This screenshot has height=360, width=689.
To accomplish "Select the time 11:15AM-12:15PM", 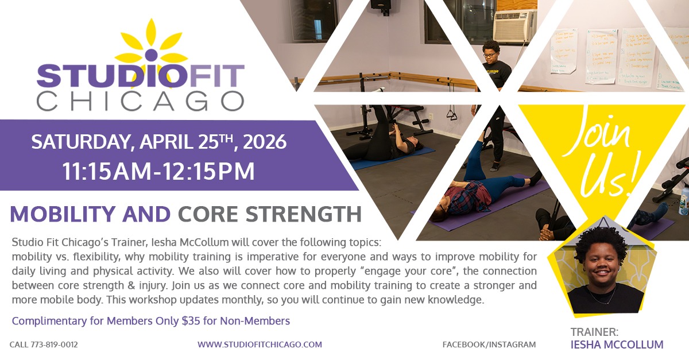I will click(x=159, y=171).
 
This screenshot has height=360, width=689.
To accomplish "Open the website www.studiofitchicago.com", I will click(x=260, y=344).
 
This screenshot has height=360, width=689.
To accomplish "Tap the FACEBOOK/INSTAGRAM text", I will click(x=489, y=344).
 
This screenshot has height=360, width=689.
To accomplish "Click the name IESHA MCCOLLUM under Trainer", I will click(x=617, y=345).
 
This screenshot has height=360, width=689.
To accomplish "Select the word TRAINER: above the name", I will click(x=594, y=332).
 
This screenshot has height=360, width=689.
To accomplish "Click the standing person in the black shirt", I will click(x=493, y=80).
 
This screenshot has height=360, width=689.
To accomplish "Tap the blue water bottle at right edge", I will click(x=684, y=199).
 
